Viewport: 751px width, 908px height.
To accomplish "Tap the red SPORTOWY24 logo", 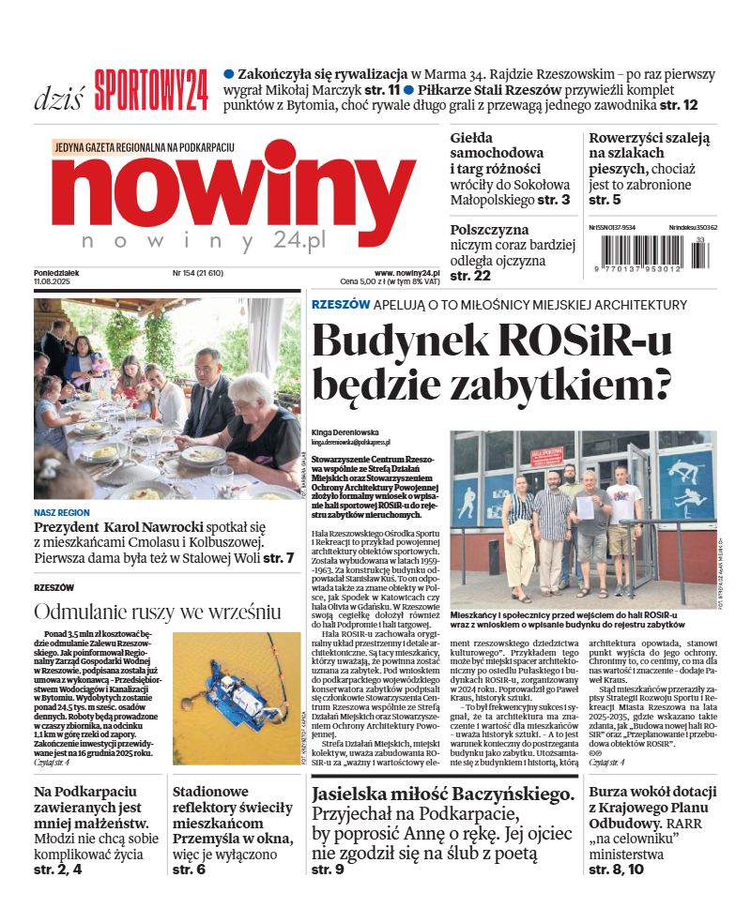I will coord(150,91).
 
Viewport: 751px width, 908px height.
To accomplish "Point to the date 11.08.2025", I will coord(54,282).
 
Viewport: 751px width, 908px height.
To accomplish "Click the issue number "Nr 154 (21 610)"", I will coord(197,273).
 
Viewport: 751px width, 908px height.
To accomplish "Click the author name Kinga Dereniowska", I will coord(354,432).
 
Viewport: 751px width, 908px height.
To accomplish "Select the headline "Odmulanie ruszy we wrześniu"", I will coord(158,612).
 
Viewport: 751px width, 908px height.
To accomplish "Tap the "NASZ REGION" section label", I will coord(62,513).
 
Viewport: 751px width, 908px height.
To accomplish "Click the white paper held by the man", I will coord(586,507).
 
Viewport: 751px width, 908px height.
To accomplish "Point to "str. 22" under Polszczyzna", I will coord(470,276).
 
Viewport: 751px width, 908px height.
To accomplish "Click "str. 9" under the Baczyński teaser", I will coord(328,870).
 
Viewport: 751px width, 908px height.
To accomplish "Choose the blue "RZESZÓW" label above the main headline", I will coord(340,305).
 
